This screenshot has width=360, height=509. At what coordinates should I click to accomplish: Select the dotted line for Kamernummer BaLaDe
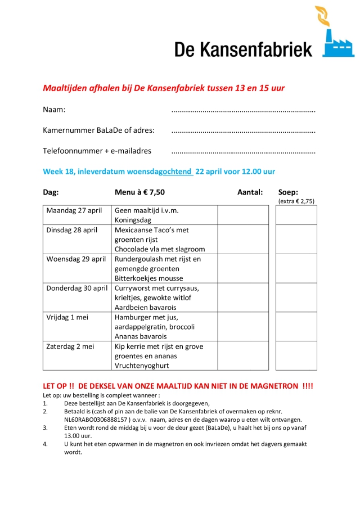point(243,131)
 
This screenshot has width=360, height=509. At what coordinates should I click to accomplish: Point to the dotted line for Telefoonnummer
point(243,152)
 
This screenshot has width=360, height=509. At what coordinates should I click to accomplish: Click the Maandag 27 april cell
point(74,210)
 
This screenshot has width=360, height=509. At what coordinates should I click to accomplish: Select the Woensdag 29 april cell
point(76,259)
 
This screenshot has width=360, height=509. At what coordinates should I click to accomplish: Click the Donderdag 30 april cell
point(77,289)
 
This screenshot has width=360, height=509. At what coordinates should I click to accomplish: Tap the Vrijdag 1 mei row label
point(67,317)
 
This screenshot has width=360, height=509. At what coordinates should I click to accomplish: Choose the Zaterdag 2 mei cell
point(70,346)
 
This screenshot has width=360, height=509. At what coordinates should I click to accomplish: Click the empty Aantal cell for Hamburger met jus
point(243,327)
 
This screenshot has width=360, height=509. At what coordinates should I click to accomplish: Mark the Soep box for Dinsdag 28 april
point(296,240)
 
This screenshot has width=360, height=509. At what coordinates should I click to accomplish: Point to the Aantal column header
point(250,192)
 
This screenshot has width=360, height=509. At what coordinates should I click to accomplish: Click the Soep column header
point(289,192)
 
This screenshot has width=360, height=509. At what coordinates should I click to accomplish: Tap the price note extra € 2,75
point(296,201)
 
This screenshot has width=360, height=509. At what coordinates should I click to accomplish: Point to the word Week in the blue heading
point(53,172)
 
